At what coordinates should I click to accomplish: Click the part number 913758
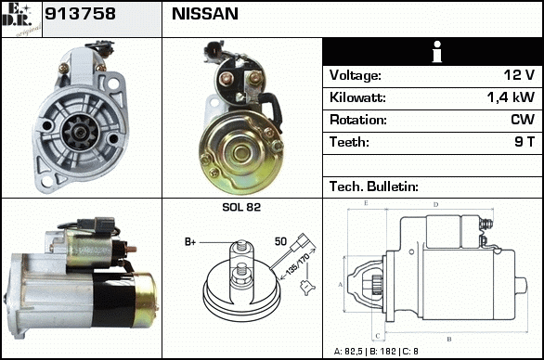pos(80,14)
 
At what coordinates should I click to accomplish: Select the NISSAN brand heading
pos(205,14)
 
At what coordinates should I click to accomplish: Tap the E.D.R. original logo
pos(21,19)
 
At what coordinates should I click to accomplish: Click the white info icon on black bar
pos(437,52)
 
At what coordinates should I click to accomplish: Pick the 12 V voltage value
pos(519,75)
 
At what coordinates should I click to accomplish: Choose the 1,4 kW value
pos(511,97)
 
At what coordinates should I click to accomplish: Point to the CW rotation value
pos(523,120)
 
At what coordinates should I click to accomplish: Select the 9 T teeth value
pos(525,142)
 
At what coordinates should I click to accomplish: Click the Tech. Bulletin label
pos(374,186)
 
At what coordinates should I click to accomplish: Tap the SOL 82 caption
pos(241,207)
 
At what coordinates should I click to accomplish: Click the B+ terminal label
pos(190,242)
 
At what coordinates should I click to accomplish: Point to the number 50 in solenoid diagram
pos(280,241)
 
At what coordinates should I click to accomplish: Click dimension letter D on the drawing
pos(436,205)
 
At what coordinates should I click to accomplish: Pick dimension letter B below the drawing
pos(449,340)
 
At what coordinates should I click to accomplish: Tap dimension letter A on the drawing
pos(340,285)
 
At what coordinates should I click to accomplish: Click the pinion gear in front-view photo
pos(80,132)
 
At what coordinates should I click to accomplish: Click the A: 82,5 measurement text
pos(348,352)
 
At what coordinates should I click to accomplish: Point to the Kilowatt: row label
pos(357,97)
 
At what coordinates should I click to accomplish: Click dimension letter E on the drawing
pos(366,203)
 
